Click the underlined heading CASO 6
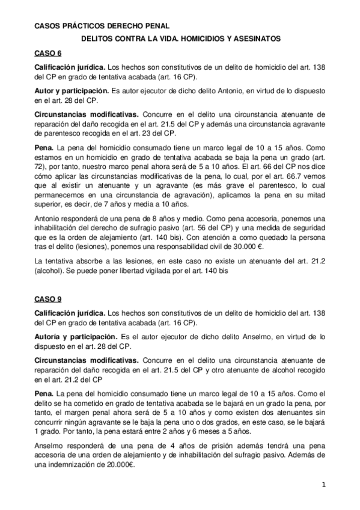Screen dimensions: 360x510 coord(44,53)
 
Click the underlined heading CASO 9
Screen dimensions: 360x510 coord(44,298)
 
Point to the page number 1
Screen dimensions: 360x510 coord(323,485)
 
